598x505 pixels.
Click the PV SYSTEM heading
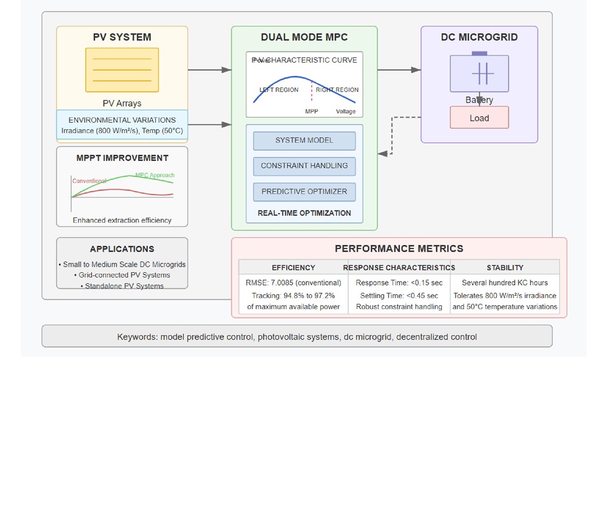(122, 38)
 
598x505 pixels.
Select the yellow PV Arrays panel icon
(122, 70)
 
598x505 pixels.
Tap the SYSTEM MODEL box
(304, 140)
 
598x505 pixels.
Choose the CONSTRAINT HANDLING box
(304, 166)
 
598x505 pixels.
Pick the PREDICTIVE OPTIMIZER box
(304, 191)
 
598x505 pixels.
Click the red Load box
(479, 118)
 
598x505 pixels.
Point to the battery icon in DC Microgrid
(479, 73)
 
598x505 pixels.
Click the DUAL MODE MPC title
(304, 38)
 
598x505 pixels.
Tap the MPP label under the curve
(312, 111)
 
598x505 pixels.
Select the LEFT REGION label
(279, 90)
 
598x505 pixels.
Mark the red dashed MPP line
(312, 92)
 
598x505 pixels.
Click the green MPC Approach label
(155, 175)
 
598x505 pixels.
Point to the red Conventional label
(89, 181)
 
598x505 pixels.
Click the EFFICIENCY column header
(293, 267)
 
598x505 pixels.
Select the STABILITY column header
(505, 267)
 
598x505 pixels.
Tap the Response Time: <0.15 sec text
(399, 283)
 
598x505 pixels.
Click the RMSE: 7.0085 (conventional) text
(293, 283)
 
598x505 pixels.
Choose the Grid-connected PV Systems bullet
(124, 275)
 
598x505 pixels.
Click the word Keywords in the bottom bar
(136, 337)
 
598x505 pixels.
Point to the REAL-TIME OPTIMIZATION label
(304, 213)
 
